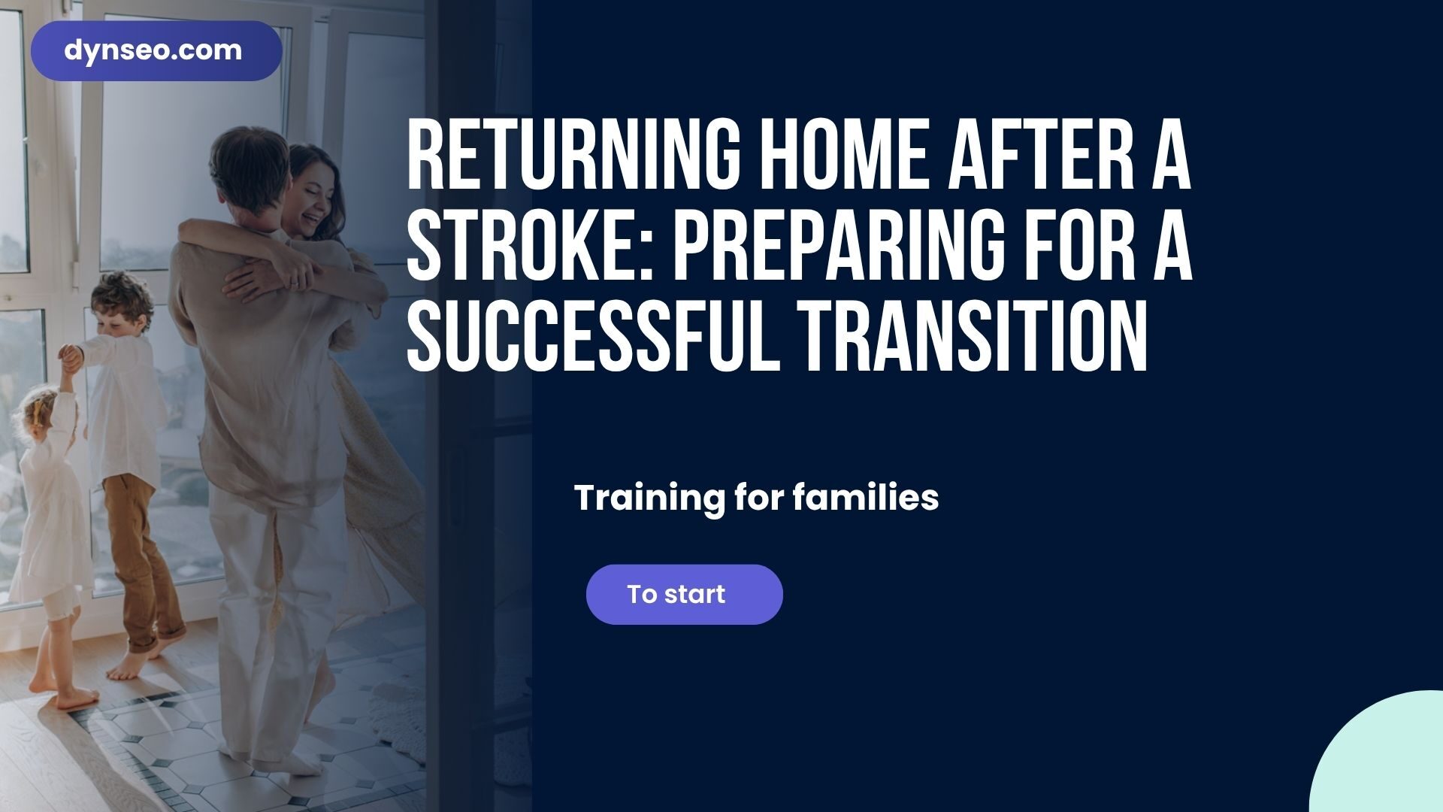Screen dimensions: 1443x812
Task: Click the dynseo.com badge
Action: (x=156, y=51)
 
